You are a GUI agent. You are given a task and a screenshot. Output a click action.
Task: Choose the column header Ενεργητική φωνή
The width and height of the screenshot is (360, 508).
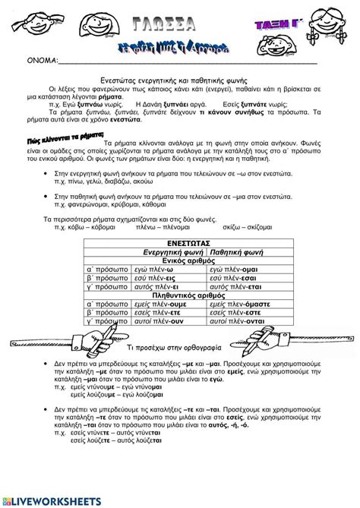(x=174, y=251)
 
